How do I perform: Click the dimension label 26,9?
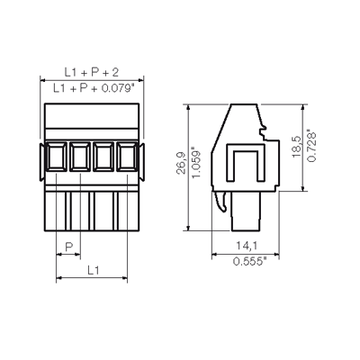(181, 163)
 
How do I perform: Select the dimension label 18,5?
(296, 147)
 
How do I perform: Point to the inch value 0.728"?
(311, 146)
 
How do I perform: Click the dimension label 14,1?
(247, 246)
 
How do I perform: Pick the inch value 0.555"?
(249, 261)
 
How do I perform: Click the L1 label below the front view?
(94, 270)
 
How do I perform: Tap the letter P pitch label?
(69, 247)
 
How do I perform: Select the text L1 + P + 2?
(92, 72)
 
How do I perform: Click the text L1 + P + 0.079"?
(94, 88)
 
